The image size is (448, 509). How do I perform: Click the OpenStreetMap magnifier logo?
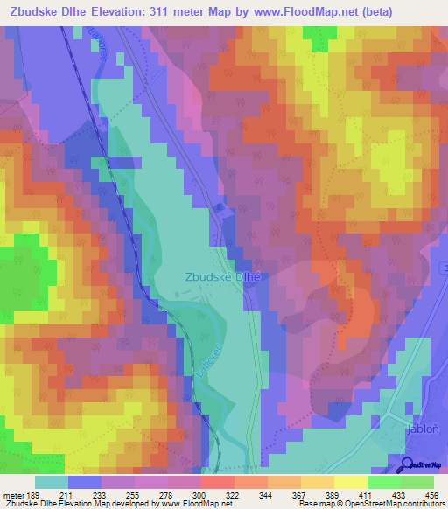click(407, 465)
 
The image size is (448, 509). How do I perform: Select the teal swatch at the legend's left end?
click(52, 482)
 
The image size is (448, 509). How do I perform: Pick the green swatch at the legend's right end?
click(417, 482)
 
